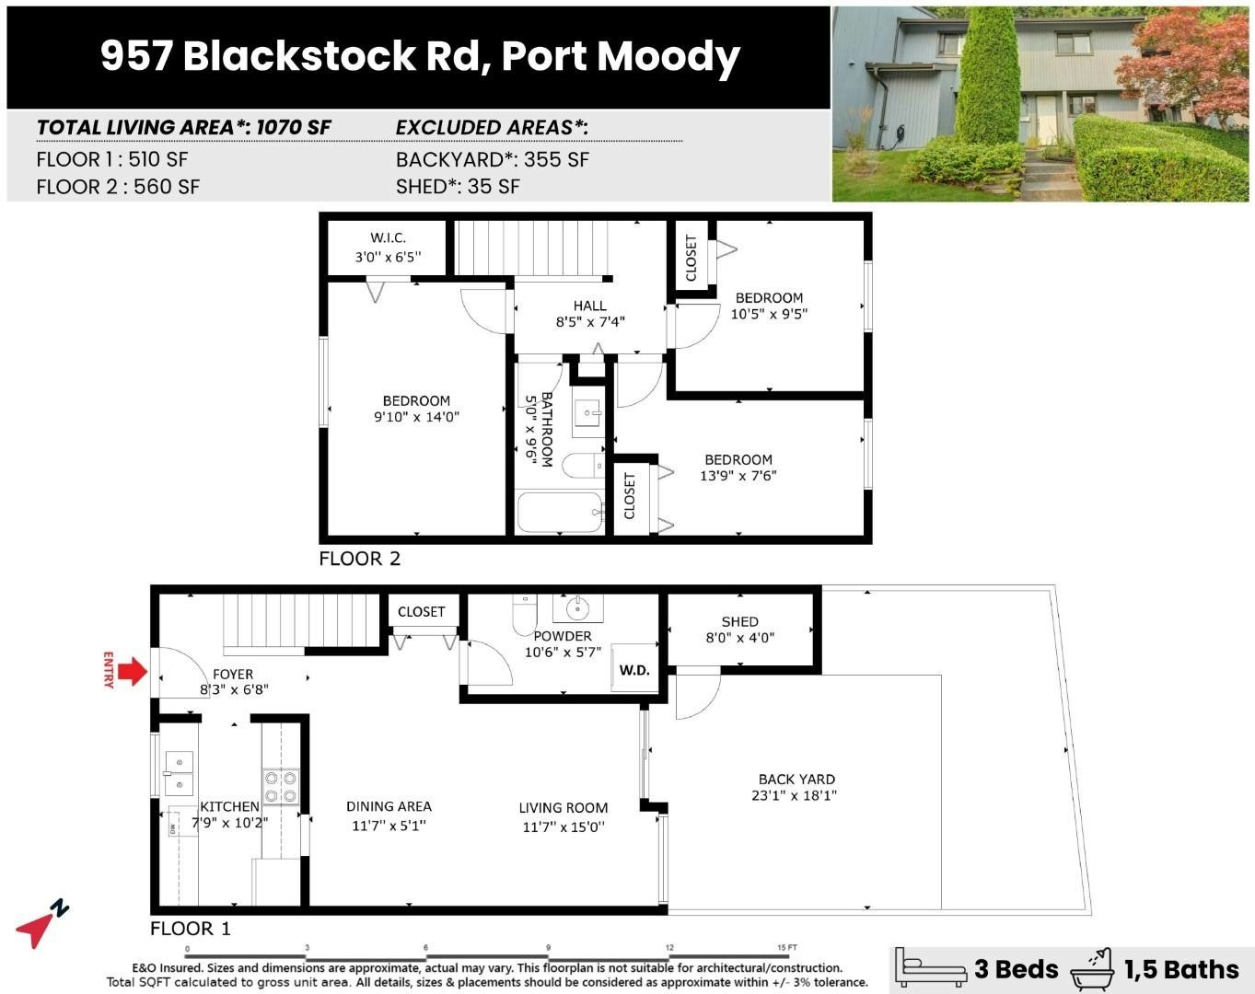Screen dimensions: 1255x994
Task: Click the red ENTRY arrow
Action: pyautogui.click(x=133, y=672)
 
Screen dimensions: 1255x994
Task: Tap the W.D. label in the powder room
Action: pyautogui.click(x=633, y=670)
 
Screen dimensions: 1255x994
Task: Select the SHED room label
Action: pyautogui.click(x=740, y=621)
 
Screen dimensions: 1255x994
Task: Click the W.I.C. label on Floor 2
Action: pyautogui.click(x=388, y=237)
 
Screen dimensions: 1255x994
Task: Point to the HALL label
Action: pyautogui.click(x=589, y=306)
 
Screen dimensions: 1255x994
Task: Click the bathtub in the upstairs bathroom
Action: pyautogui.click(x=560, y=513)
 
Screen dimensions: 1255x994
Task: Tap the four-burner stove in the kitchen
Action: pyautogui.click(x=281, y=788)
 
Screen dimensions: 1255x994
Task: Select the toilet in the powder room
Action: pyautogui.click(x=524, y=614)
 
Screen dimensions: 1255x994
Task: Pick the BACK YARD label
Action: pyautogui.click(x=796, y=779)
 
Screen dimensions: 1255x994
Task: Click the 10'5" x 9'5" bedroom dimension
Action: pyautogui.click(x=769, y=314)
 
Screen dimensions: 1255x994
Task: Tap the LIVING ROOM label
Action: pyautogui.click(x=564, y=807)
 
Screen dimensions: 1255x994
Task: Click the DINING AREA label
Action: pyautogui.click(x=389, y=806)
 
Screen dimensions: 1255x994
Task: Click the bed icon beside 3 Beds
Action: pyautogui.click(x=930, y=969)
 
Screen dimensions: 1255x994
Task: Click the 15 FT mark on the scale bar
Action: pyautogui.click(x=786, y=947)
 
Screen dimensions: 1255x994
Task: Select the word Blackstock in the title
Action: pyautogui.click(x=298, y=56)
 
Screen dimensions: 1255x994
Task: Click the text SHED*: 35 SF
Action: pyautogui.click(x=458, y=187)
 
